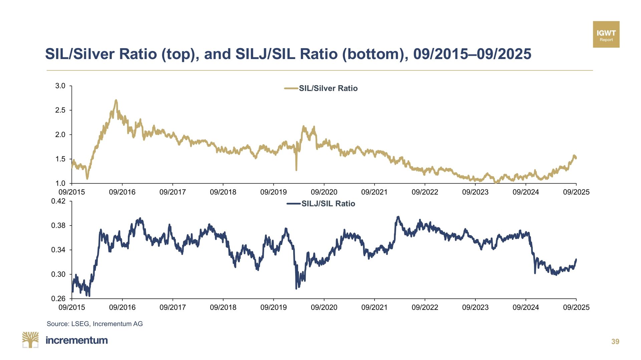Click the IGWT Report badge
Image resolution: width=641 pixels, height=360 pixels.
(x=606, y=34)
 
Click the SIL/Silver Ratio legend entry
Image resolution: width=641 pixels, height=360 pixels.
(x=321, y=88)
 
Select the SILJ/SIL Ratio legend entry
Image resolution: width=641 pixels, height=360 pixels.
(x=321, y=204)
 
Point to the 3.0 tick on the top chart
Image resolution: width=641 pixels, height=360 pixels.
(x=60, y=86)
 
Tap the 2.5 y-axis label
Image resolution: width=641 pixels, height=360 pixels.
(x=60, y=110)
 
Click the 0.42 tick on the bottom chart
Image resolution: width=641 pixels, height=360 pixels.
(x=58, y=201)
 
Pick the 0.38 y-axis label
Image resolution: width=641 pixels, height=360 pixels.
(x=58, y=226)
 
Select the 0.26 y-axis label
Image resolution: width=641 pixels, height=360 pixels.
(x=58, y=299)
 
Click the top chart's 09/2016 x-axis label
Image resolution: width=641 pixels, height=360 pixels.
(x=122, y=192)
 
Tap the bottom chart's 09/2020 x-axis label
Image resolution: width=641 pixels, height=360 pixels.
(x=324, y=307)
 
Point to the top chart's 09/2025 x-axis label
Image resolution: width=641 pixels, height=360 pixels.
(x=576, y=192)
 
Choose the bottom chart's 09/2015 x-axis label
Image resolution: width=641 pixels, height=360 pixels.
(x=72, y=307)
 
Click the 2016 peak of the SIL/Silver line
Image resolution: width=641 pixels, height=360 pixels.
(x=116, y=100)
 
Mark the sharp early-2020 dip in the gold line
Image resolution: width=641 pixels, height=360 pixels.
(x=296, y=169)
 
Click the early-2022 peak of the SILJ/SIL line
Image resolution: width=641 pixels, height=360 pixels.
(x=398, y=217)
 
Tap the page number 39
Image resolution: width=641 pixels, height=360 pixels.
(x=615, y=341)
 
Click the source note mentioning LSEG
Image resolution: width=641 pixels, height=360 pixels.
(x=94, y=324)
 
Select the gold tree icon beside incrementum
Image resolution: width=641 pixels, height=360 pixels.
(x=30, y=340)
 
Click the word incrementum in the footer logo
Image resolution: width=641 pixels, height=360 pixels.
(x=76, y=340)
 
